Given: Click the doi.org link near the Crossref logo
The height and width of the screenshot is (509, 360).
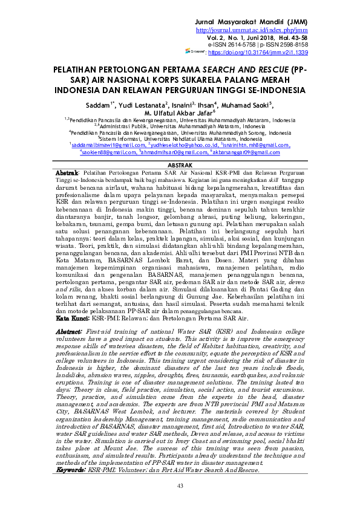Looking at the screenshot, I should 266,53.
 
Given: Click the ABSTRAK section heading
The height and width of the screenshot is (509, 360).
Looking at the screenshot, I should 180,164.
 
